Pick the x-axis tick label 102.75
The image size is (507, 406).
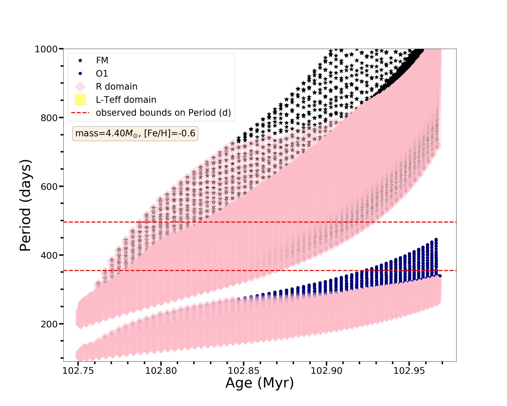78,371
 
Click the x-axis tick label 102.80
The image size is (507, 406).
161,371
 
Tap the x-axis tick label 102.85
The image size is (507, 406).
244,371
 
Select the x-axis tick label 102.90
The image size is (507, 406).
326,371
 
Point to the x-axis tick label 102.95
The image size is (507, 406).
409,371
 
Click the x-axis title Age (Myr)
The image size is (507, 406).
260,383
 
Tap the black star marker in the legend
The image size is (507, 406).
80,60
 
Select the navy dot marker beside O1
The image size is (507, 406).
80,74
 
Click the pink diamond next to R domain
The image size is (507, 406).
80,87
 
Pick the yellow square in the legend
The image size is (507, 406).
80,100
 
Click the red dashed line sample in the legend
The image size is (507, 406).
80,113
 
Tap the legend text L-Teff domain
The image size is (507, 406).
126,100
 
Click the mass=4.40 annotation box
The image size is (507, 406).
135,133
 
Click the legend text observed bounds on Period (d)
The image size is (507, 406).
163,113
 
